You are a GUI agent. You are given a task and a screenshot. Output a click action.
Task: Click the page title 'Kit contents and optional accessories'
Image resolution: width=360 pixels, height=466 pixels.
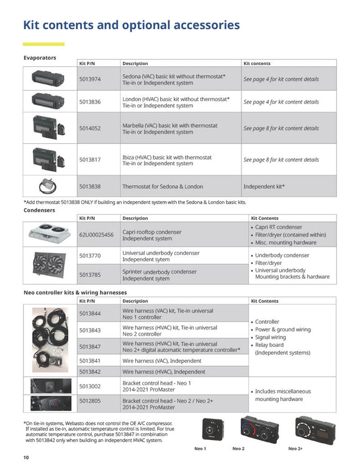coord(131,25)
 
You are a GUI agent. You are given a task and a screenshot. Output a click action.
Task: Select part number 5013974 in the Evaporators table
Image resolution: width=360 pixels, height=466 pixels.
coord(89,79)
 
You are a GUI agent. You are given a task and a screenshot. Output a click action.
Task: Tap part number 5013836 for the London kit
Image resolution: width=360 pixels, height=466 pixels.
coord(89,102)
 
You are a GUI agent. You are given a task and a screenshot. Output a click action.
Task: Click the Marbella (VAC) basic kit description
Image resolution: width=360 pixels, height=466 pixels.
coord(169,128)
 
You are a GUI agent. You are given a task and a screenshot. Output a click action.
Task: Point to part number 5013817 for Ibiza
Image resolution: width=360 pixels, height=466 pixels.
coord(89,159)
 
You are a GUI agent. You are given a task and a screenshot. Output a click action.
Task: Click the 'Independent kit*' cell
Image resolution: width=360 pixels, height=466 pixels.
coord(264,186)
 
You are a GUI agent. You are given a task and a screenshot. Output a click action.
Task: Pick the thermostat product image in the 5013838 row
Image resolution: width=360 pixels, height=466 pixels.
coord(49,186)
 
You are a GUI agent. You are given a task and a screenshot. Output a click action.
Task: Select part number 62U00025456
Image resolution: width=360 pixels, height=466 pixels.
coord(96,235)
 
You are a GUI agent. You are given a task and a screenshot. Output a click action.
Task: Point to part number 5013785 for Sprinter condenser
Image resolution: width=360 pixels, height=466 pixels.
coord(89,274)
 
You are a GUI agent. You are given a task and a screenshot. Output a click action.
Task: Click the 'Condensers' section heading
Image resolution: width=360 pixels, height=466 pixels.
coord(40,210)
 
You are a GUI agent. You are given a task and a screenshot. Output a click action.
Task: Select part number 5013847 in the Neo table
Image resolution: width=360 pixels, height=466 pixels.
coord(89,347)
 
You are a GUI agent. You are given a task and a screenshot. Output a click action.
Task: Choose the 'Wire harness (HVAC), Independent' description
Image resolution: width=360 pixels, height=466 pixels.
coord(163,372)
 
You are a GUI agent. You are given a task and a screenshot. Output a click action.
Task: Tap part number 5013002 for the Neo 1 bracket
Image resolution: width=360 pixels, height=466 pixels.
coord(89,385)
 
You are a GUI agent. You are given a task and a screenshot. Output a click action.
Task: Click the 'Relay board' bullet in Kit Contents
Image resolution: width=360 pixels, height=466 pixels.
coord(269,345)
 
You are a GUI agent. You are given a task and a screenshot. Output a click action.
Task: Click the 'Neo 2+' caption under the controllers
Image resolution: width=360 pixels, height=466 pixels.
coord(295,448)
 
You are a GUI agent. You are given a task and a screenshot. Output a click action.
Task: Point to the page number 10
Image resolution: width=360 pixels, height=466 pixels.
coord(26,457)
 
